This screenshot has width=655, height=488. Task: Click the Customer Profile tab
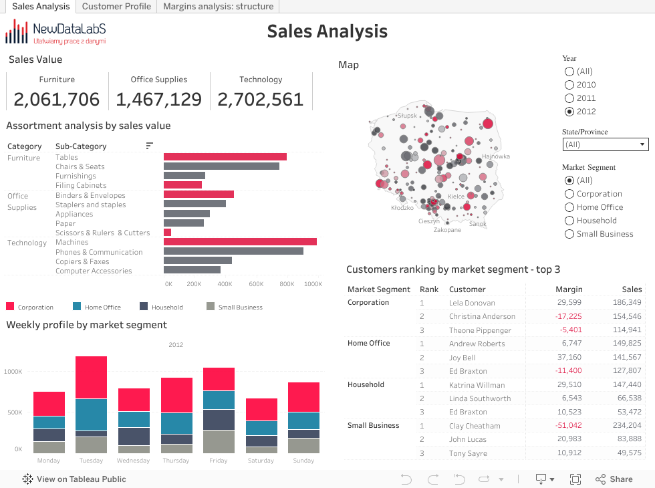[x=116, y=7]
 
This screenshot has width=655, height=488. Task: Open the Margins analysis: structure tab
[x=218, y=7]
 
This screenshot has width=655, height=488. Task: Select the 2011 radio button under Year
[x=569, y=98]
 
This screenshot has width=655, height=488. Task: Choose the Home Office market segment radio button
[x=569, y=207]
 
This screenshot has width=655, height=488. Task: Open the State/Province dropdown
[x=606, y=144]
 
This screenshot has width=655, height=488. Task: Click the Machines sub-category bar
[x=240, y=242]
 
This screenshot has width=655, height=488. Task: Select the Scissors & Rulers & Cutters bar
[x=168, y=233]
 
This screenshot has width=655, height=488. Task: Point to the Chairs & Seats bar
[x=221, y=166]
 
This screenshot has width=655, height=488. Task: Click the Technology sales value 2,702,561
[x=261, y=100]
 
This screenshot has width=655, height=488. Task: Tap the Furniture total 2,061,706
[x=57, y=100]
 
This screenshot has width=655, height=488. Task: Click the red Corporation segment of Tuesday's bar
[x=92, y=378]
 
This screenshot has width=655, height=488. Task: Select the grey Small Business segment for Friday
[x=219, y=442]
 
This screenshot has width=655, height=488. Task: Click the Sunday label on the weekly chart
[x=303, y=461]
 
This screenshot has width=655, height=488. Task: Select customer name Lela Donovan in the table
[x=472, y=303]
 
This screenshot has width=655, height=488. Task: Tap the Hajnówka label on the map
[x=496, y=156]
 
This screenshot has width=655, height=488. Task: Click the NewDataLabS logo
[x=55, y=31]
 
